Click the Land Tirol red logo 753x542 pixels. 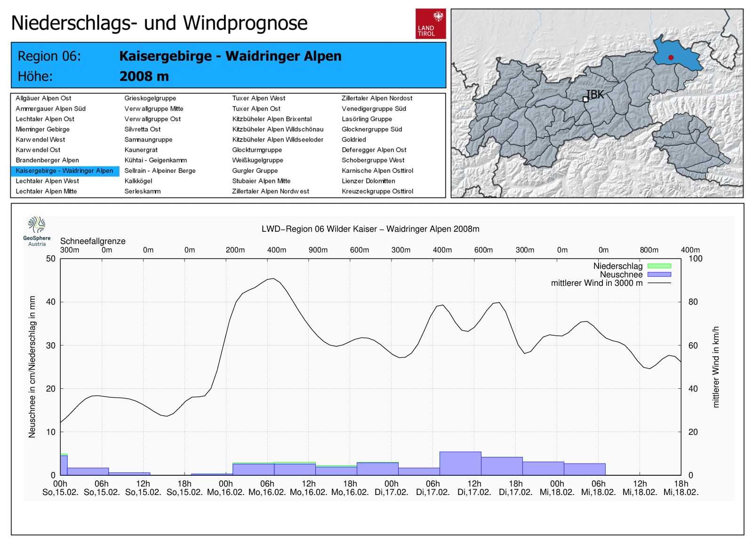pyautogui.click(x=431, y=24)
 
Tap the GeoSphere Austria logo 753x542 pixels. pyautogui.click(x=37, y=231)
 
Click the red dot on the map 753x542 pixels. pyautogui.click(x=671, y=57)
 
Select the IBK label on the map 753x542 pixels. pyautogui.click(x=595, y=94)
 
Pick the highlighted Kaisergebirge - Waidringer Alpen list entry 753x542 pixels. pyautogui.click(x=64, y=171)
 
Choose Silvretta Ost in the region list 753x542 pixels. pyautogui.click(x=143, y=129)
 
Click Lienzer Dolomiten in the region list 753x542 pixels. pyautogui.click(x=368, y=181)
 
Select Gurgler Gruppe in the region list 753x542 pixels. pyautogui.click(x=255, y=171)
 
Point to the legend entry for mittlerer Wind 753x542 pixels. pyautogui.click(x=611, y=283)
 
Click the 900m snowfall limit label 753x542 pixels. pyautogui.click(x=318, y=250)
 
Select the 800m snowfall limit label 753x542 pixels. pyautogui.click(x=649, y=250)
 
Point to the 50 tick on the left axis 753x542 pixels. pyautogui.click(x=51, y=259)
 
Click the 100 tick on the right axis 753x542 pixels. pyautogui.click(x=696, y=259)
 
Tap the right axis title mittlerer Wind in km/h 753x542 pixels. pyautogui.click(x=716, y=367)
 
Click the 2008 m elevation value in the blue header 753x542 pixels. pyautogui.click(x=144, y=76)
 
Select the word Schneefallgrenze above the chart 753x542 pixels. pyautogui.click(x=93, y=241)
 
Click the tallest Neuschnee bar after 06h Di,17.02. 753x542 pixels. pyautogui.click(x=461, y=463)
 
